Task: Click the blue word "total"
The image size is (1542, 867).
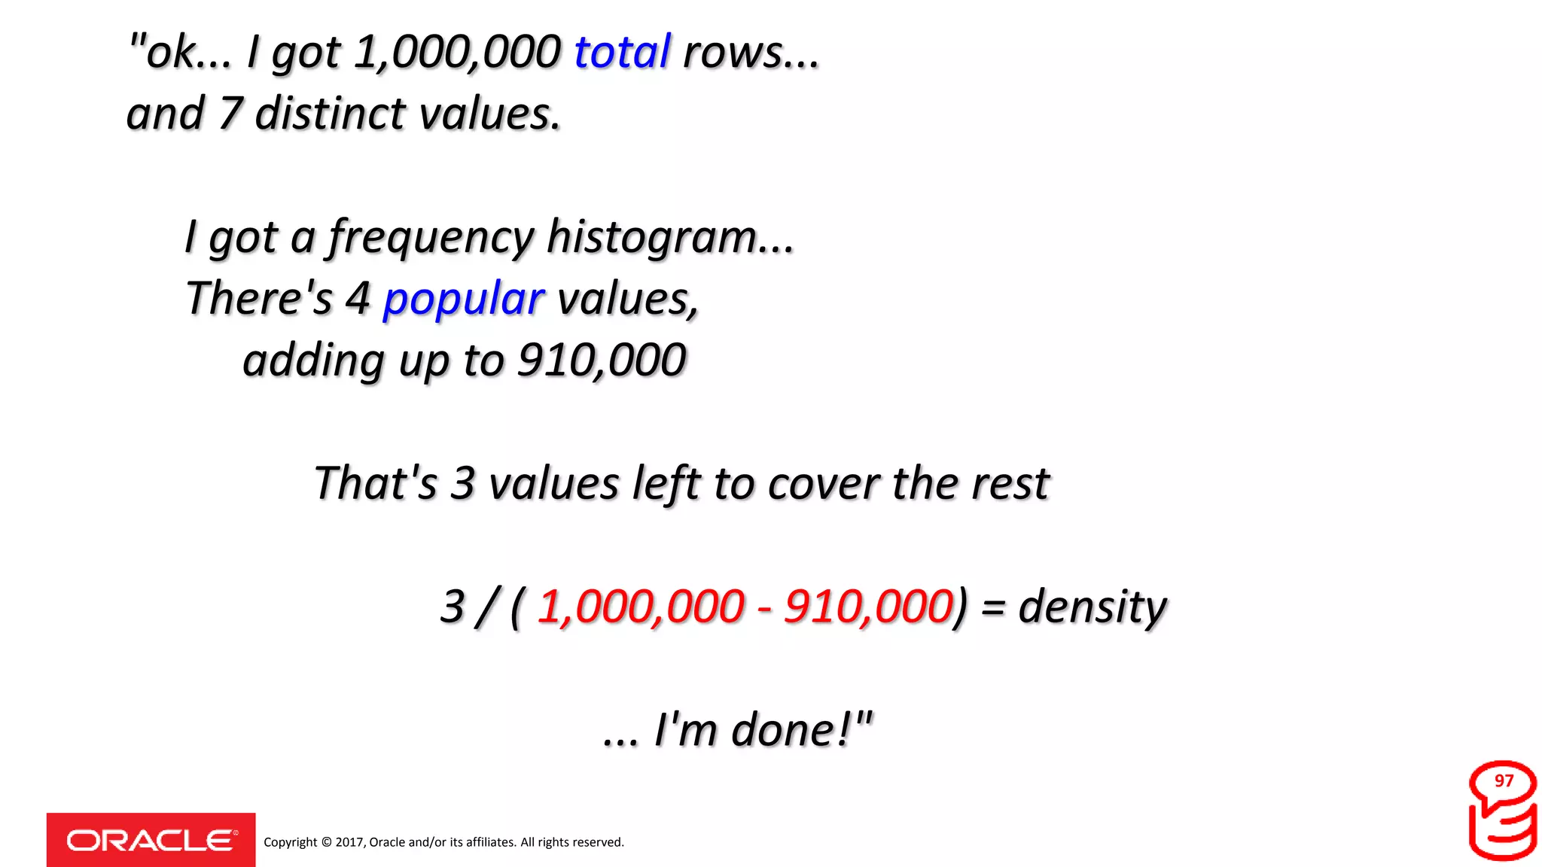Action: coord(622,52)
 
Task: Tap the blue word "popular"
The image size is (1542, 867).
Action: coord(463,299)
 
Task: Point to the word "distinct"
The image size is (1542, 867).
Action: coord(331,114)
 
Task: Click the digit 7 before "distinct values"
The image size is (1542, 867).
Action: coord(230,114)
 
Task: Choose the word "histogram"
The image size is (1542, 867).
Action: coord(652,237)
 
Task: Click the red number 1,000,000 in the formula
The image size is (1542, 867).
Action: coord(641,606)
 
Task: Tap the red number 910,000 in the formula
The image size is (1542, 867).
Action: coord(868,606)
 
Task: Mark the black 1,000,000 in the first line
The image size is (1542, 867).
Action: coord(457,52)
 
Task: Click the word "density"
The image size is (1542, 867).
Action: coord(1093,606)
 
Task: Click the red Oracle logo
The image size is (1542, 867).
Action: coord(151,840)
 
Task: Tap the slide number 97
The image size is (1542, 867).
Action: coord(1504,781)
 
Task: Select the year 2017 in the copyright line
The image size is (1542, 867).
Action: coord(349,842)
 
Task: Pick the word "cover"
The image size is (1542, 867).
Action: coord(824,483)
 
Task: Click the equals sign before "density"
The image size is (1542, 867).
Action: coord(993,607)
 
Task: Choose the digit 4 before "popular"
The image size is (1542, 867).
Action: coord(358,299)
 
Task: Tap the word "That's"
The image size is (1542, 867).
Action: coord(375,483)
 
